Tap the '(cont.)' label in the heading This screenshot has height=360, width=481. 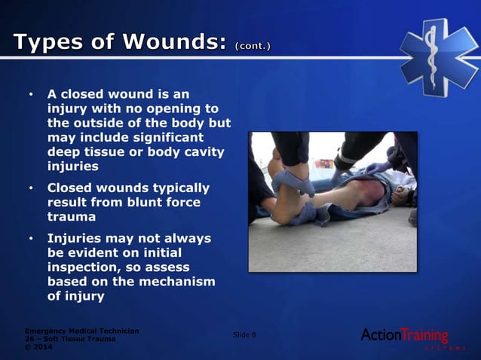click(x=253, y=46)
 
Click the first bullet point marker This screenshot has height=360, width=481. click(x=31, y=96)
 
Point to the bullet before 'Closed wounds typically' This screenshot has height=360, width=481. click(x=31, y=188)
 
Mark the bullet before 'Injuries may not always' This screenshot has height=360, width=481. click(x=31, y=239)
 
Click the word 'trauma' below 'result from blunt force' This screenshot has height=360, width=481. click(x=72, y=216)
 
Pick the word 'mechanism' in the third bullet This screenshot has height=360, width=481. click(x=178, y=281)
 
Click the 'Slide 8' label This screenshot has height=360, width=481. click(x=244, y=334)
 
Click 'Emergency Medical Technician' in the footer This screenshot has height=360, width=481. click(x=81, y=331)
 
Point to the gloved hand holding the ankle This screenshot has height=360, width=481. click(x=293, y=182)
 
